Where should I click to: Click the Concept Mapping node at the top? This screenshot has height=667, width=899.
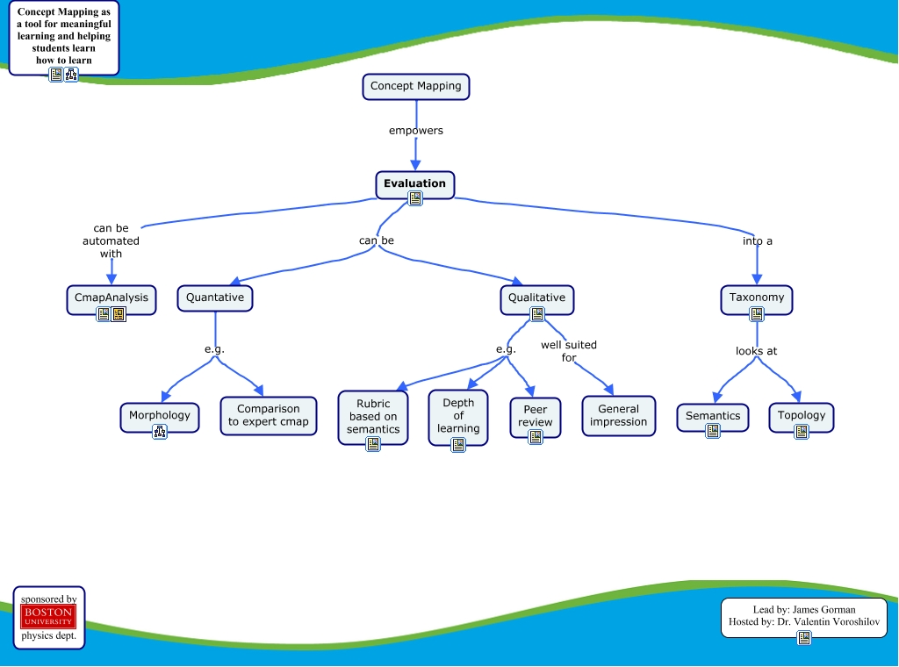pos(416,86)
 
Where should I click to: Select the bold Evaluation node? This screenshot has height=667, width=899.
pos(414,183)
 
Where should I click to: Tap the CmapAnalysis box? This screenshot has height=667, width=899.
pos(111,298)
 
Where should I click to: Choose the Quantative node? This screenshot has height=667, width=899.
pos(215,298)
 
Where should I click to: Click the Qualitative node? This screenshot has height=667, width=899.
pos(536,298)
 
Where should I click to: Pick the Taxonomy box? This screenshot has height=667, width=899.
pos(757,298)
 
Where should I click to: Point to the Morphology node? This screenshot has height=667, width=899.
pos(160,415)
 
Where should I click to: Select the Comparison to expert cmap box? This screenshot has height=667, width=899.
pos(269,415)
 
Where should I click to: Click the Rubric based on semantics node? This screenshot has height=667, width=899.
pos(373,416)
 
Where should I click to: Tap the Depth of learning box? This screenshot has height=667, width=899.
pos(458,415)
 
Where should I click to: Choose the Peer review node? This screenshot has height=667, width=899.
pos(536,415)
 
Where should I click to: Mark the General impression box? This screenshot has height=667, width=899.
pos(618,415)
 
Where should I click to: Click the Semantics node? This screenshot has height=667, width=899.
pos(713,415)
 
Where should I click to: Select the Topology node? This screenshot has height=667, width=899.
pos(802,415)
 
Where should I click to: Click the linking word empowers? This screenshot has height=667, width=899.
pos(416,131)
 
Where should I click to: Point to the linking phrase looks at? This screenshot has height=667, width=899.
pos(756,351)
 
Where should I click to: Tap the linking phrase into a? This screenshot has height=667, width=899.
pos(757,240)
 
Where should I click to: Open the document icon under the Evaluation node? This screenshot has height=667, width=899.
pos(415,199)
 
